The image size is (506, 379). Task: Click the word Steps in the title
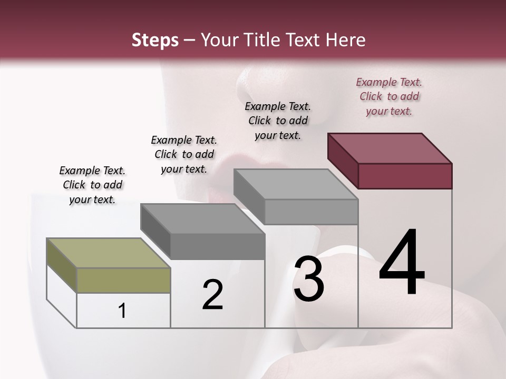click(x=155, y=40)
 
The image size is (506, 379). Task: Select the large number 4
click(x=402, y=263)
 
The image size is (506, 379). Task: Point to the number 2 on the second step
click(x=212, y=294)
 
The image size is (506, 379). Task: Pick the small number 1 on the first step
click(x=122, y=311)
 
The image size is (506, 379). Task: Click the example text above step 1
click(x=92, y=185)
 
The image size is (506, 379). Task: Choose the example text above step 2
click(x=184, y=154)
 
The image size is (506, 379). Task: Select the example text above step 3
click(x=278, y=121)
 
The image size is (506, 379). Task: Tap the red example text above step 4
click(x=389, y=96)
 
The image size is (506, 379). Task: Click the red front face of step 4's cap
click(x=405, y=176)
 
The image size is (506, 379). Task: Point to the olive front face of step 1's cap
click(x=124, y=280)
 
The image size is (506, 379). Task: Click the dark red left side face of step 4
click(x=343, y=161)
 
